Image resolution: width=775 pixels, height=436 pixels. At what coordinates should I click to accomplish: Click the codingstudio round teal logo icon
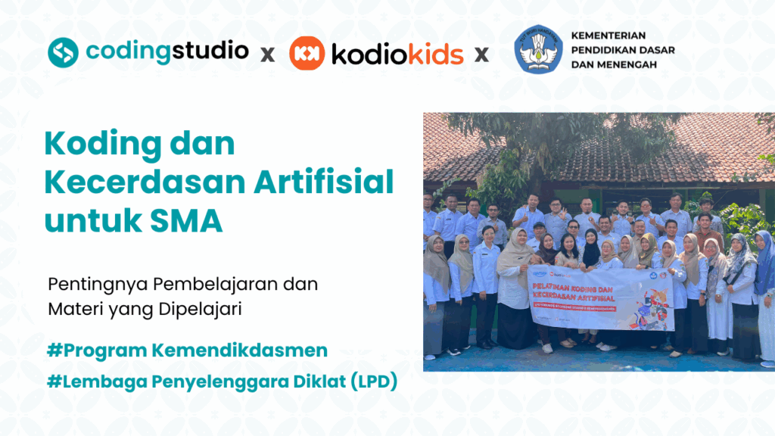pos(64,51)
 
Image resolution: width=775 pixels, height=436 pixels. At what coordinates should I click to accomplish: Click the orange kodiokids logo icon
pos(307,54)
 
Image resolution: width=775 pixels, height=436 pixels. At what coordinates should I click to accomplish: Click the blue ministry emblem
pos(538,50)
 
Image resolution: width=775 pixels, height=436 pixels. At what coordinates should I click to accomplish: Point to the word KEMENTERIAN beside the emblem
pos(609,36)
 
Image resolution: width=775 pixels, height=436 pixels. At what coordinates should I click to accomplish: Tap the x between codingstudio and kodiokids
pos(267,54)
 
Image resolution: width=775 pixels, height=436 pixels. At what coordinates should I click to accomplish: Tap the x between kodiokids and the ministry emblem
pos(481,54)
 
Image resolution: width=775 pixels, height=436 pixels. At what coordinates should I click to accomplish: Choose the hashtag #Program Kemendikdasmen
pos(187,351)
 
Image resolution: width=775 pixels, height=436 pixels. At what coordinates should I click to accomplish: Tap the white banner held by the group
pos(602,297)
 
